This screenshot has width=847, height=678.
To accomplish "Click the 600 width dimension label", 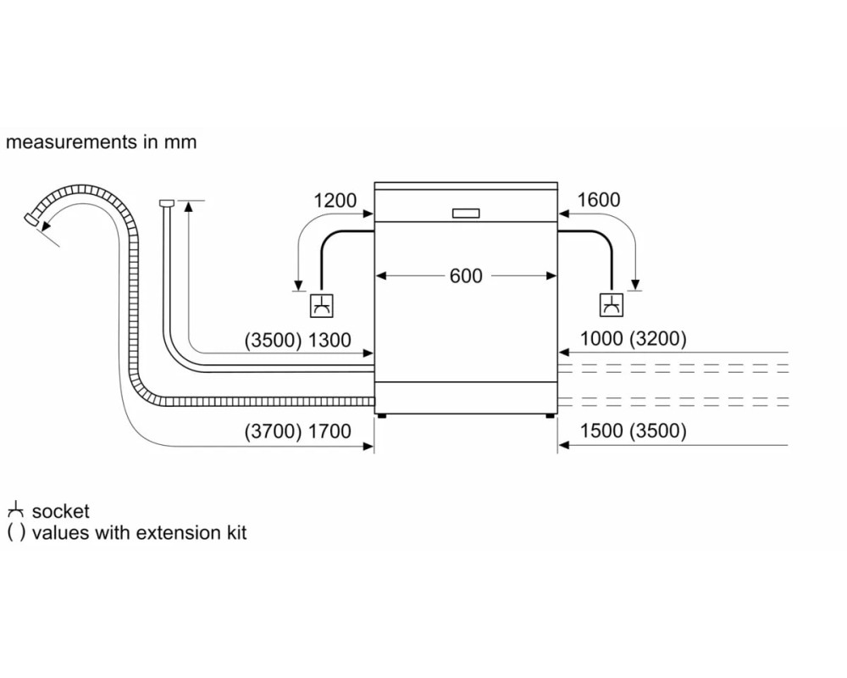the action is point(466,276).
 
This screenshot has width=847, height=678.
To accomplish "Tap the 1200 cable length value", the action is point(335,201).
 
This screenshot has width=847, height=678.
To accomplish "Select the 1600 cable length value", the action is point(599,200).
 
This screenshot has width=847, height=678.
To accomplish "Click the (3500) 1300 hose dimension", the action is point(297,340).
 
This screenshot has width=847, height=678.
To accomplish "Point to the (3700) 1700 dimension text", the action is point(297,431).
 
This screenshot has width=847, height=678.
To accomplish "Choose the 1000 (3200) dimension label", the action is point(633,339).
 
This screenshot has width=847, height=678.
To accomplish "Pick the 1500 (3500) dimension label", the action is point(633,431).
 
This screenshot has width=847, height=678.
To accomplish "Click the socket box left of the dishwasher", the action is point(321,306).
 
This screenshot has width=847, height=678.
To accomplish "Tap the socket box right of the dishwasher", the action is point(612,305).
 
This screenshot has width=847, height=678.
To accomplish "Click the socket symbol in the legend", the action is point(15,510).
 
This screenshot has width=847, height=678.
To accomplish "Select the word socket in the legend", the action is point(60,512).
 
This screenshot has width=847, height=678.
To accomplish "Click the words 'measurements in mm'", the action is point(101,142).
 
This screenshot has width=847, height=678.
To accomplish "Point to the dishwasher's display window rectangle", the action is point(466,213).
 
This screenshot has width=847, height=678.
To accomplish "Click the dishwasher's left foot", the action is point(383,416).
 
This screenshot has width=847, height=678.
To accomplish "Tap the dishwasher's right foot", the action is point(550,416).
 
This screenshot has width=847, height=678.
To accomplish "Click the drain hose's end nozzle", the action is point(32,220).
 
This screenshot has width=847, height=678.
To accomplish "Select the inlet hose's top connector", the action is point(167,203).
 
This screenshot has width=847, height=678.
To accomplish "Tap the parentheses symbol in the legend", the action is point(15,533).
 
